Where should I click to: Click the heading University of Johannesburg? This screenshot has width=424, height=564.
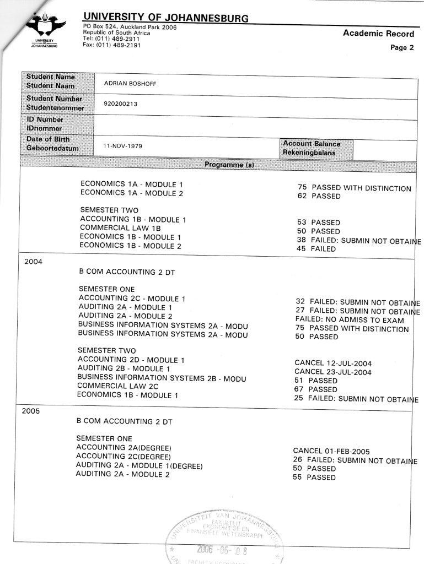[165, 18]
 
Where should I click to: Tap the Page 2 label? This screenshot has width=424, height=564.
[402, 47]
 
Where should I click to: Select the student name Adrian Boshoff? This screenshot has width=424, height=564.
[127, 84]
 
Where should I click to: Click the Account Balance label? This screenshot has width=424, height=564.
[312, 144]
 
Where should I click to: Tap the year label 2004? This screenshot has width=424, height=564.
[34, 262]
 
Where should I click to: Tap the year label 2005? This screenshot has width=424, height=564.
[32, 411]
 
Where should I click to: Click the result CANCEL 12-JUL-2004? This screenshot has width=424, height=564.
[333, 364]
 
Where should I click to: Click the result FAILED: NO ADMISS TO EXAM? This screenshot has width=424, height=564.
[350, 320]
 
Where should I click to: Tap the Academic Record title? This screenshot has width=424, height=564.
[378, 34]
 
